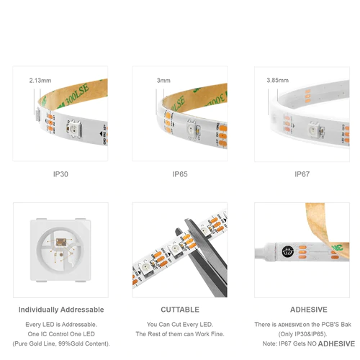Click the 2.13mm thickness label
coord(39,81)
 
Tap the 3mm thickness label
coord(165,81)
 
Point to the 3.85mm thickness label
coord(278,81)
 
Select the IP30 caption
coord(60,174)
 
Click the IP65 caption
coord(180,174)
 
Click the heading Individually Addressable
coord(60,310)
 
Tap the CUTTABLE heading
coord(180,310)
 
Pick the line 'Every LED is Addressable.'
coord(60,325)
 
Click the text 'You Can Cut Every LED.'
coord(180,325)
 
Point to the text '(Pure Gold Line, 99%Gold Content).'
coord(60,343)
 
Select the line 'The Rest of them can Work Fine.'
coord(180,334)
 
